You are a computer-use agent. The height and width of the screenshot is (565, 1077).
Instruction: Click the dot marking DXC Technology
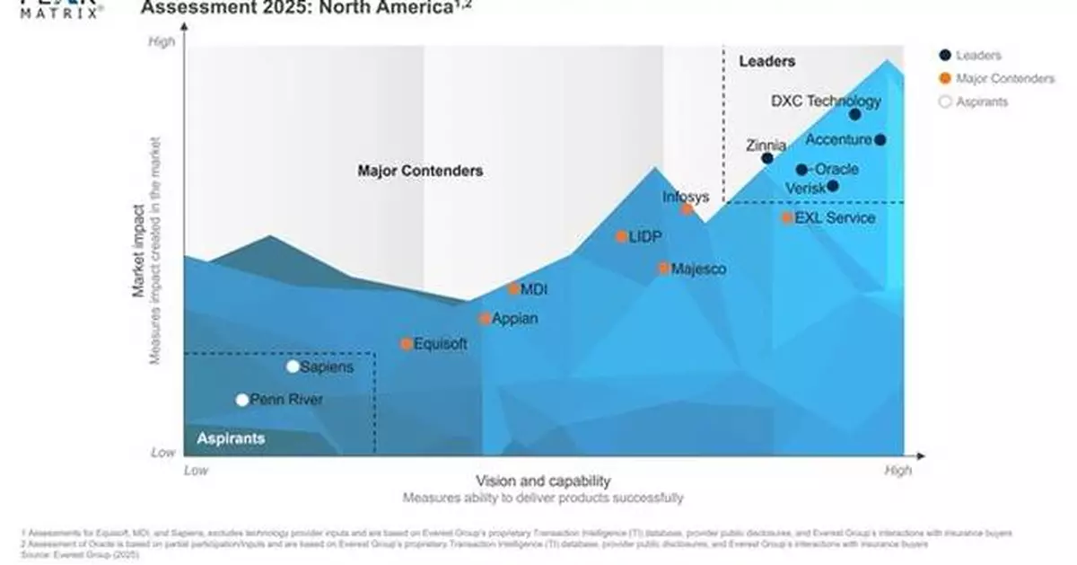(854, 114)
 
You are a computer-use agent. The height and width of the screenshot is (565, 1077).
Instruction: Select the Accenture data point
(880, 139)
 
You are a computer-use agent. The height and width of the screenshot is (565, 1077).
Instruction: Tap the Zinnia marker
(767, 158)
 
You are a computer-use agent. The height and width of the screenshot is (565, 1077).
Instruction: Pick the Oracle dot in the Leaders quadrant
(801, 169)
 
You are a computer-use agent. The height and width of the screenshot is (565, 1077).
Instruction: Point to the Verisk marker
(833, 186)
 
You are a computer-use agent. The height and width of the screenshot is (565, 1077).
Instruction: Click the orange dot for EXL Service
(787, 217)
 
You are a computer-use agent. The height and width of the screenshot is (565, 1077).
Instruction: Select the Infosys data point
(687, 209)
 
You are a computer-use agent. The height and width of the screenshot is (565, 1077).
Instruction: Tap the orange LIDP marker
(621, 237)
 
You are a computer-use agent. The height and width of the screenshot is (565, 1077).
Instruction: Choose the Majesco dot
(664, 268)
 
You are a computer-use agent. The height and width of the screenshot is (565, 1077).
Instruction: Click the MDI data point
(513, 289)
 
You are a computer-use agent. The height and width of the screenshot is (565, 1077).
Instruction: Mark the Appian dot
(486, 318)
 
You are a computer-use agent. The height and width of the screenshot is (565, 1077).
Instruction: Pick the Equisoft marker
(407, 343)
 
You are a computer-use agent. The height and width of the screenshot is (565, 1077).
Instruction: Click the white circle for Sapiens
(293, 366)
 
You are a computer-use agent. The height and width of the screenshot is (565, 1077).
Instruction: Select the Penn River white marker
(242, 400)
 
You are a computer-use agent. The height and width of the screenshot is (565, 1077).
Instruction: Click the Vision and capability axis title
(543, 481)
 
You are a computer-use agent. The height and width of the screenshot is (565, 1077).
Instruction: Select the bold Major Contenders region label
(420, 171)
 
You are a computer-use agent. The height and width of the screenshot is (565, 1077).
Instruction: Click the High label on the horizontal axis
(897, 470)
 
